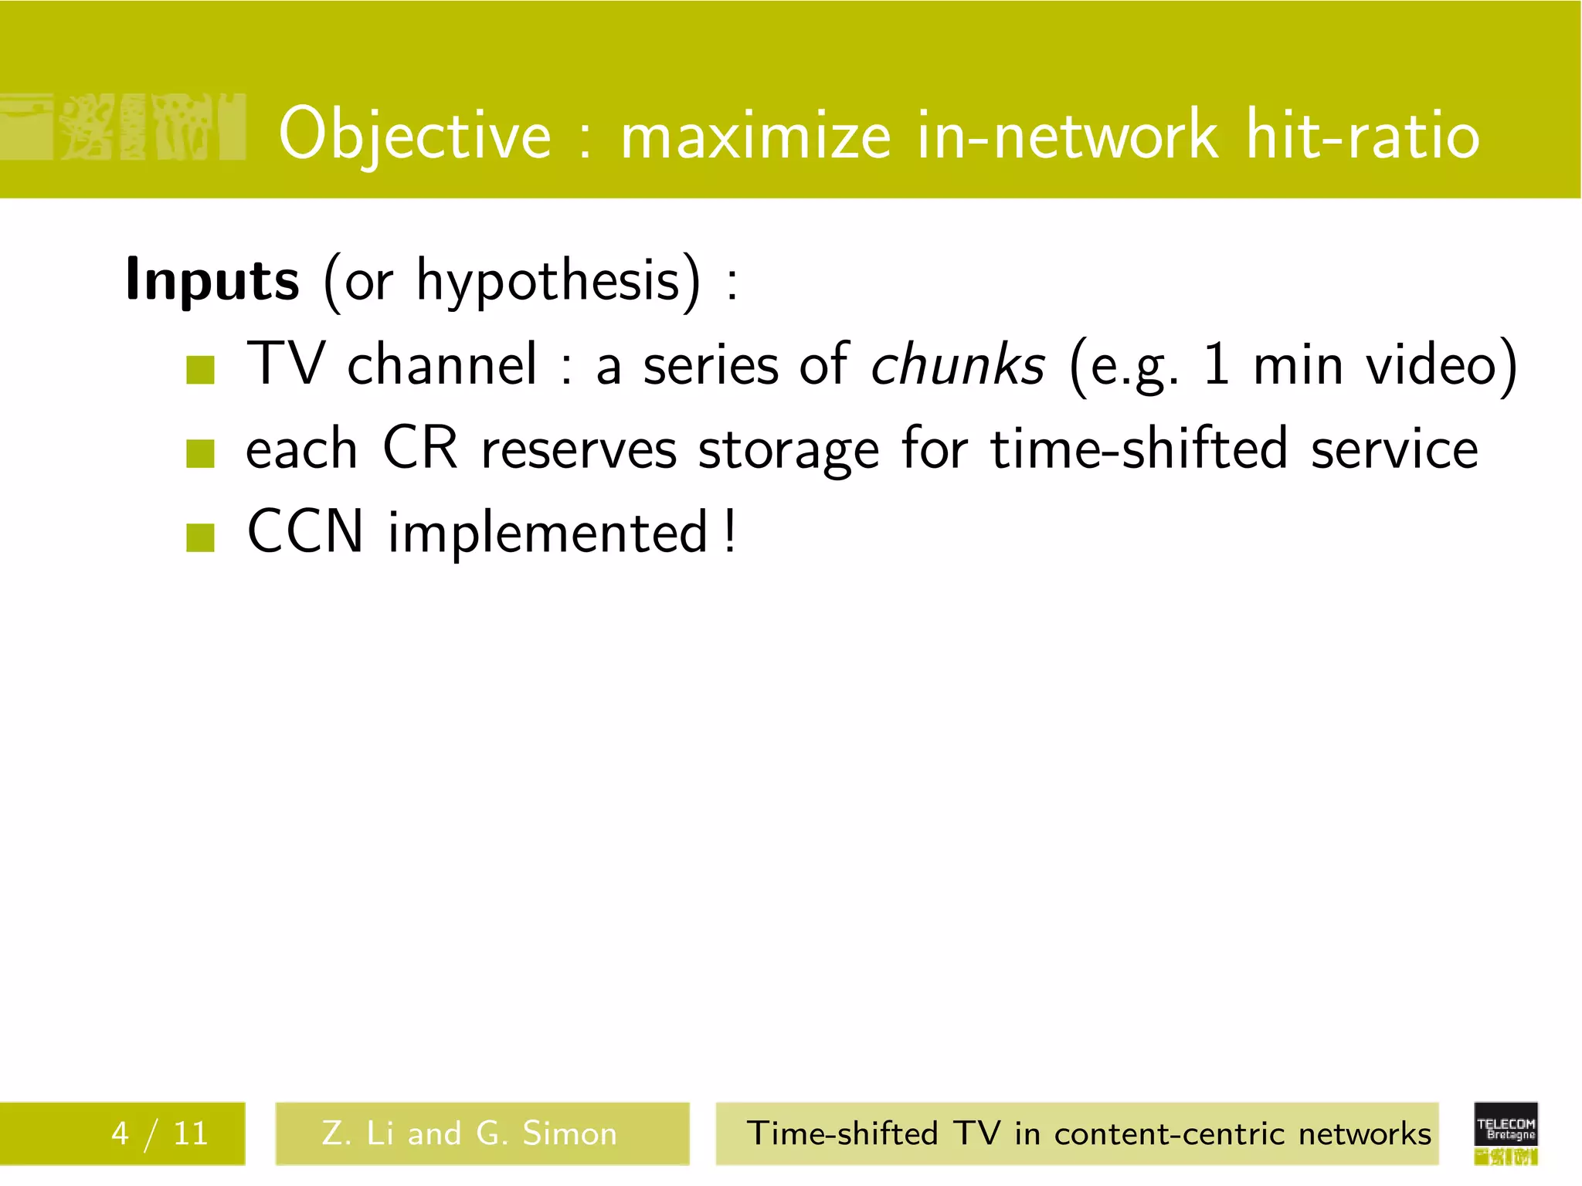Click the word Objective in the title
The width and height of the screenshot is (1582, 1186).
click(415, 135)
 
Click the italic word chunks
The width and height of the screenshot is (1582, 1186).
click(957, 364)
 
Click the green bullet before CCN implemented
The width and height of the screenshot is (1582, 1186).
click(200, 537)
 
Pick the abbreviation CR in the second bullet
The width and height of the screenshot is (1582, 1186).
click(419, 448)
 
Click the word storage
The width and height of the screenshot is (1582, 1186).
click(788, 450)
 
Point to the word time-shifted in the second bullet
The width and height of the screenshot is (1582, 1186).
click(1139, 448)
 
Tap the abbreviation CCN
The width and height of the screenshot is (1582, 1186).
click(305, 531)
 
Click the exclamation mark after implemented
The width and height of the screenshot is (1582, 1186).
click(730, 531)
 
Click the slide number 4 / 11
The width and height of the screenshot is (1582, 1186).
click(159, 1133)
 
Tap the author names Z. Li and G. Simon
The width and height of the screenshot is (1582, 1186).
click(470, 1133)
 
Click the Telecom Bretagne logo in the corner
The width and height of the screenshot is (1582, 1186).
click(1506, 1132)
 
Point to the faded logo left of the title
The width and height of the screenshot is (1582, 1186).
click(124, 127)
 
